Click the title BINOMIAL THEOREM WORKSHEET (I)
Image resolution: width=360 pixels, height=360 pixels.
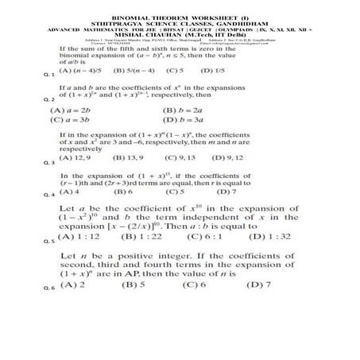pyautogui.click(x=180, y=15)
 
